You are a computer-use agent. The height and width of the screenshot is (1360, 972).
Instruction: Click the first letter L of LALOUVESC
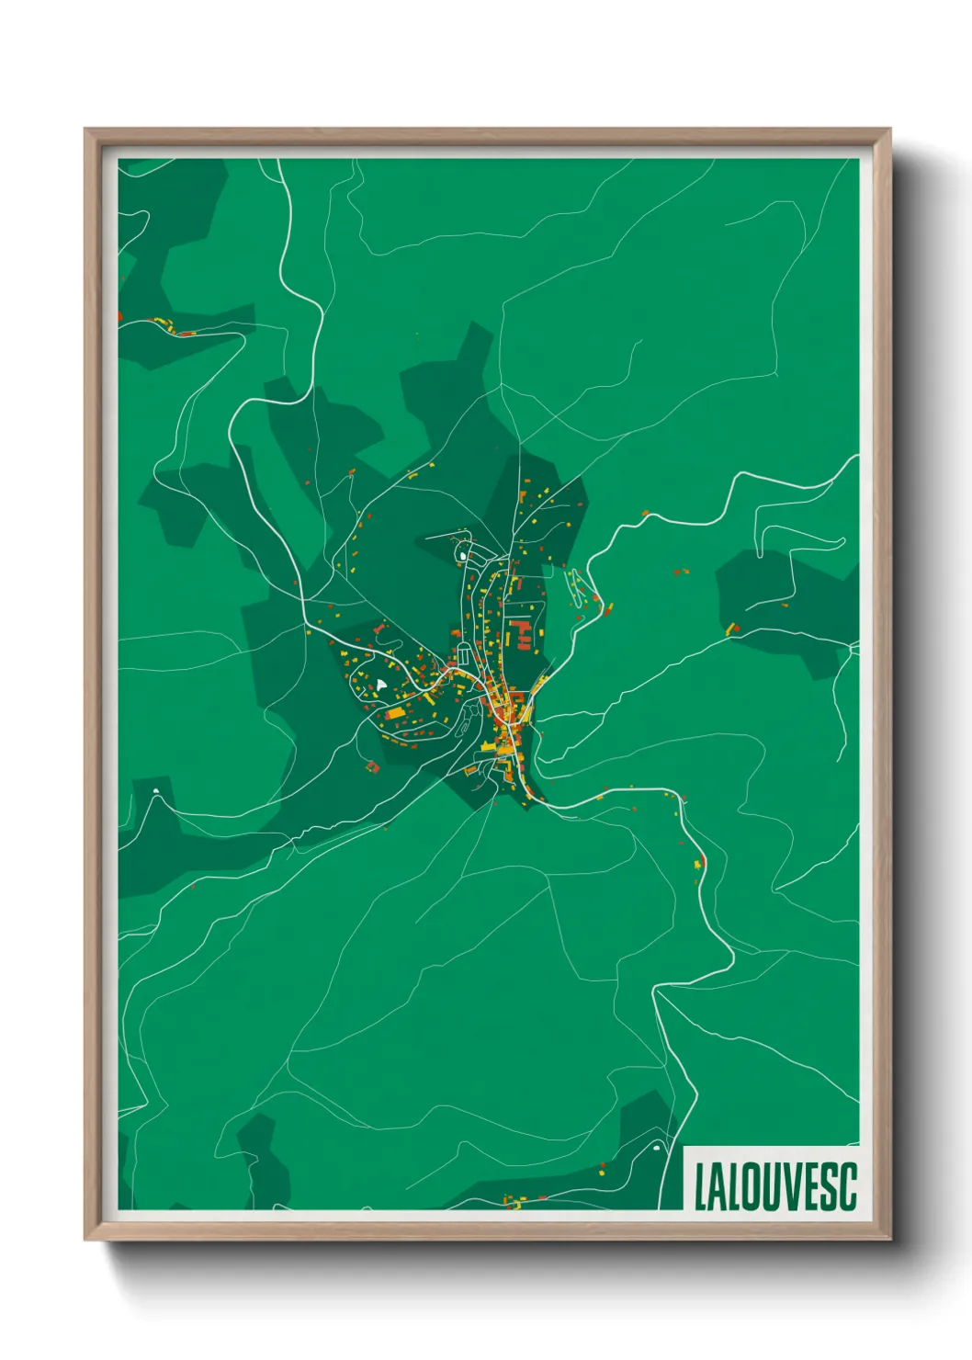click(701, 1187)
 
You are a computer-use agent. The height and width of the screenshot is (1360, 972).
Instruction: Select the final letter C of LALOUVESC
click(847, 1187)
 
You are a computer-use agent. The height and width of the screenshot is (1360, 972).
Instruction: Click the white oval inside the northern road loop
click(461, 556)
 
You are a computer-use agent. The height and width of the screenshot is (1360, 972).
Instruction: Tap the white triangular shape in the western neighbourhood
click(380, 685)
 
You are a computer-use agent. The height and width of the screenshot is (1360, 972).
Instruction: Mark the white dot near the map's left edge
click(156, 791)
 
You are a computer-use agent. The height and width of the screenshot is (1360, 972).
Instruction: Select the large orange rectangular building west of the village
click(395, 712)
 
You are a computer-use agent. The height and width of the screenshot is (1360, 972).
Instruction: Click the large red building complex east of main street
click(521, 633)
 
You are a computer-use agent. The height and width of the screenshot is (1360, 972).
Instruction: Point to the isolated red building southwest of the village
click(372, 766)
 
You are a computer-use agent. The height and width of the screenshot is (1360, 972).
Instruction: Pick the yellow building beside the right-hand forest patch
click(732, 629)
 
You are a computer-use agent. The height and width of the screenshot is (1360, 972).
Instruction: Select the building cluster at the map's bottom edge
click(512, 1200)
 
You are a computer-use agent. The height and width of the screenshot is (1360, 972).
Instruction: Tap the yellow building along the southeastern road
click(698, 862)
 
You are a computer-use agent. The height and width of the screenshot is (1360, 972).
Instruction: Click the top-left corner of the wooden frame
click(86, 130)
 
